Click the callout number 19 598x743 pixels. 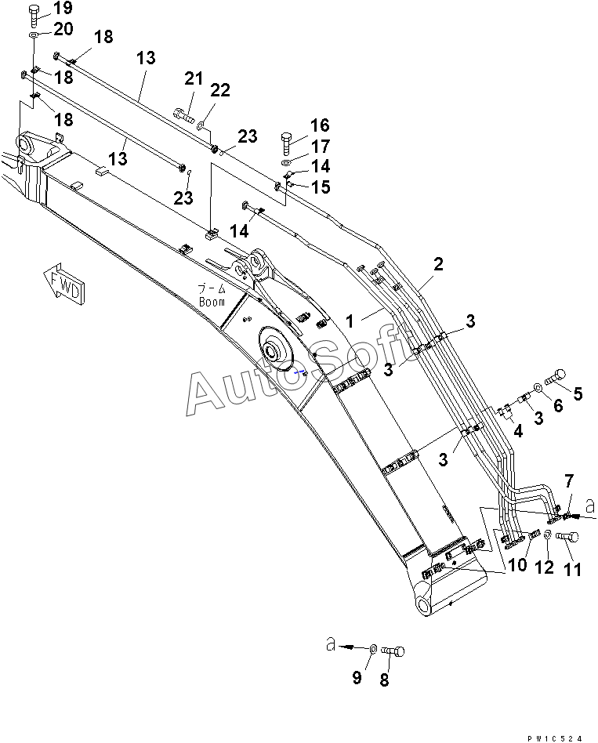[62, 9]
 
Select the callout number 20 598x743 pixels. [63, 30]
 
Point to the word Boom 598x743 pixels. [212, 301]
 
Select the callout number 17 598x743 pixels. [319, 146]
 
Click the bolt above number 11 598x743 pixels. [569, 537]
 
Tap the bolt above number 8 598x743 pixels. [395, 650]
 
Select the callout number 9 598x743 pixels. [357, 678]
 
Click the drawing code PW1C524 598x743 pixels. [555, 738]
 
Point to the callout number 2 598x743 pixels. [439, 264]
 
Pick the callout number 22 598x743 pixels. [220, 91]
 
